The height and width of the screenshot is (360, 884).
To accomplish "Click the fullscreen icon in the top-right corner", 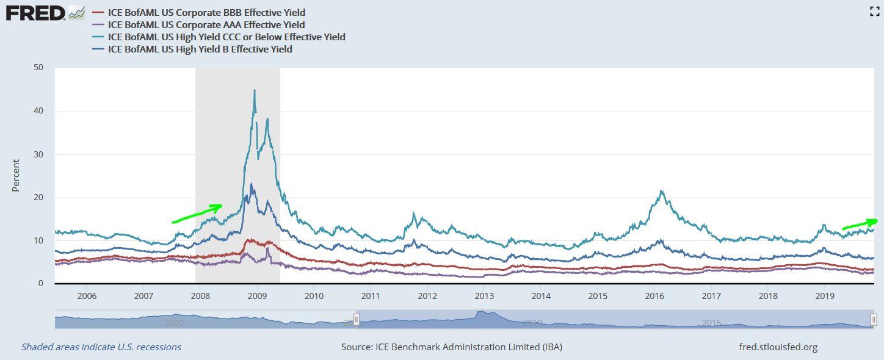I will (874, 11).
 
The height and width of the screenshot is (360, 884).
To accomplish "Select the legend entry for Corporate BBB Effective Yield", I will (206, 12).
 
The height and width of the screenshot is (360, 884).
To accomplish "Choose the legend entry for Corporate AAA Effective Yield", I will (206, 24).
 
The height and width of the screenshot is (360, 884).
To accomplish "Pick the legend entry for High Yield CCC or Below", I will (226, 37).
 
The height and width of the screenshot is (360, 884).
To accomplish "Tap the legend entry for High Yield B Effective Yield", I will (200, 49).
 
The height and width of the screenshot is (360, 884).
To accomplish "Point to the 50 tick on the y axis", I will (38, 67).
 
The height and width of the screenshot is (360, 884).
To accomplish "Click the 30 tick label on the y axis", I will (38, 154).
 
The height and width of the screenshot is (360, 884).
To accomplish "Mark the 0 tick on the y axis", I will (40, 284).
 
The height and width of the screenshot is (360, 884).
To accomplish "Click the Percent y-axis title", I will (16, 176).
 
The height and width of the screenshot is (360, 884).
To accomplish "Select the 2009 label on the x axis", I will (257, 296).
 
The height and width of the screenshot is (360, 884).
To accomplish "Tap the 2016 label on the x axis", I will (654, 296).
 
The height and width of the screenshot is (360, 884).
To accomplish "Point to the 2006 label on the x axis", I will (87, 296).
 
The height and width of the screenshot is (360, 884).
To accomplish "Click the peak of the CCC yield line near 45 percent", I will (255, 91).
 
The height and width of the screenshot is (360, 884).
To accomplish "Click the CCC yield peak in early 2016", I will (661, 192).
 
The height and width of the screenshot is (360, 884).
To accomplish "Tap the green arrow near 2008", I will (197, 214).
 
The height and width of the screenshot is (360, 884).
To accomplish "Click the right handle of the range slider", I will (874, 319).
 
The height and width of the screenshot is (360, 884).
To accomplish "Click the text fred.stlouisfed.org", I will (778, 347).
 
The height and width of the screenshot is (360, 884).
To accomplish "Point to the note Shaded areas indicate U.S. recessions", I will (101, 347).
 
